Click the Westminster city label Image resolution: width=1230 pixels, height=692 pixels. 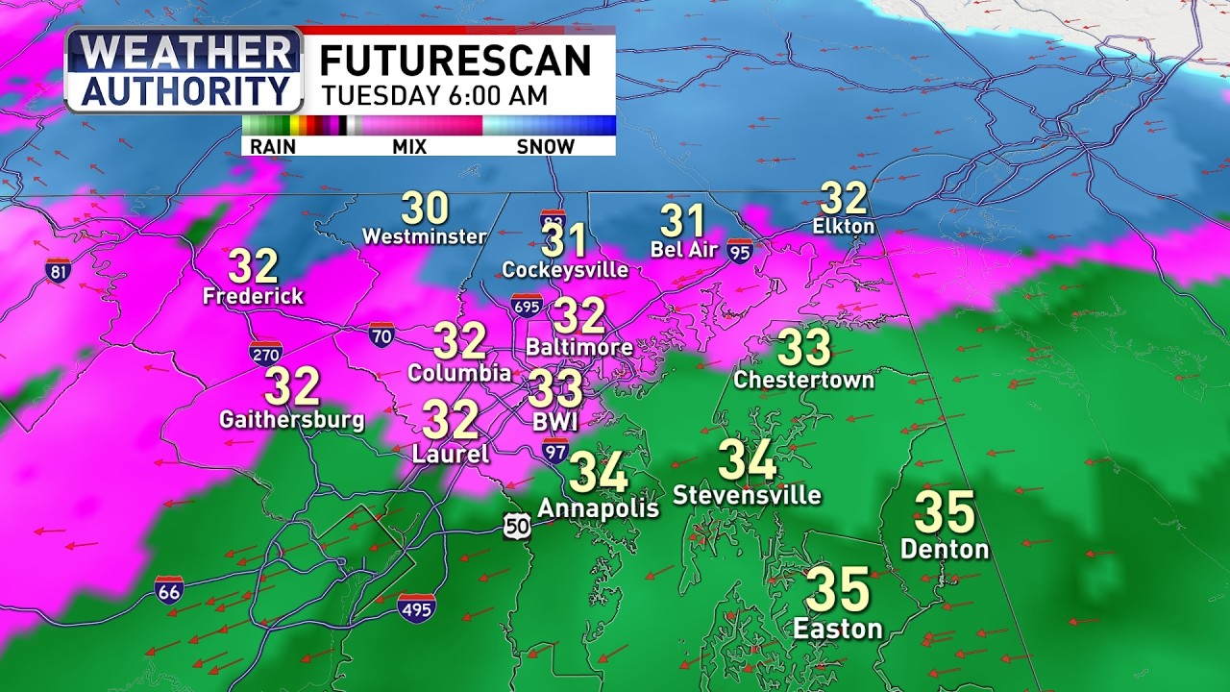[x=424, y=236]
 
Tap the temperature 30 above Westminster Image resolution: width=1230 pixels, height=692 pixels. [x=425, y=208]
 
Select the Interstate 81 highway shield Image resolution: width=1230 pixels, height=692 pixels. [x=58, y=270]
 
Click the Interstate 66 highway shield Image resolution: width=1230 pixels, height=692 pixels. [x=169, y=589]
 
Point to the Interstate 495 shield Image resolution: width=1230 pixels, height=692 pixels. [x=416, y=607]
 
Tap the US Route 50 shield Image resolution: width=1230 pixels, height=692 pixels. [x=517, y=525]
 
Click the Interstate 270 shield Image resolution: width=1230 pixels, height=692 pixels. [x=265, y=352]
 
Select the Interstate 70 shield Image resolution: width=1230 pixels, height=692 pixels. [x=381, y=334]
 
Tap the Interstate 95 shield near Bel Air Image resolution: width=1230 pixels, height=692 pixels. [x=740, y=251]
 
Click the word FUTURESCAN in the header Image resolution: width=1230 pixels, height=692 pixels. [x=455, y=62]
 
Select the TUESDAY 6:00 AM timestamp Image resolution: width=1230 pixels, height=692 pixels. [x=434, y=96]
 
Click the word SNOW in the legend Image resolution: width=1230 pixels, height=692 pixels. [x=546, y=146]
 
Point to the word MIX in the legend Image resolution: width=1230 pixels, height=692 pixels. [x=409, y=146]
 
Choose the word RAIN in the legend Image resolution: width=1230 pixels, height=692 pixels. [x=273, y=146]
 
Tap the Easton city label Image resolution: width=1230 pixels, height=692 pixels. [x=837, y=629]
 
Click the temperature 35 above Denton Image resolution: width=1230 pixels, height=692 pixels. [x=944, y=512]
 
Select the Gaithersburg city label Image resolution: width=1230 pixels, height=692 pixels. [x=291, y=420]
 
